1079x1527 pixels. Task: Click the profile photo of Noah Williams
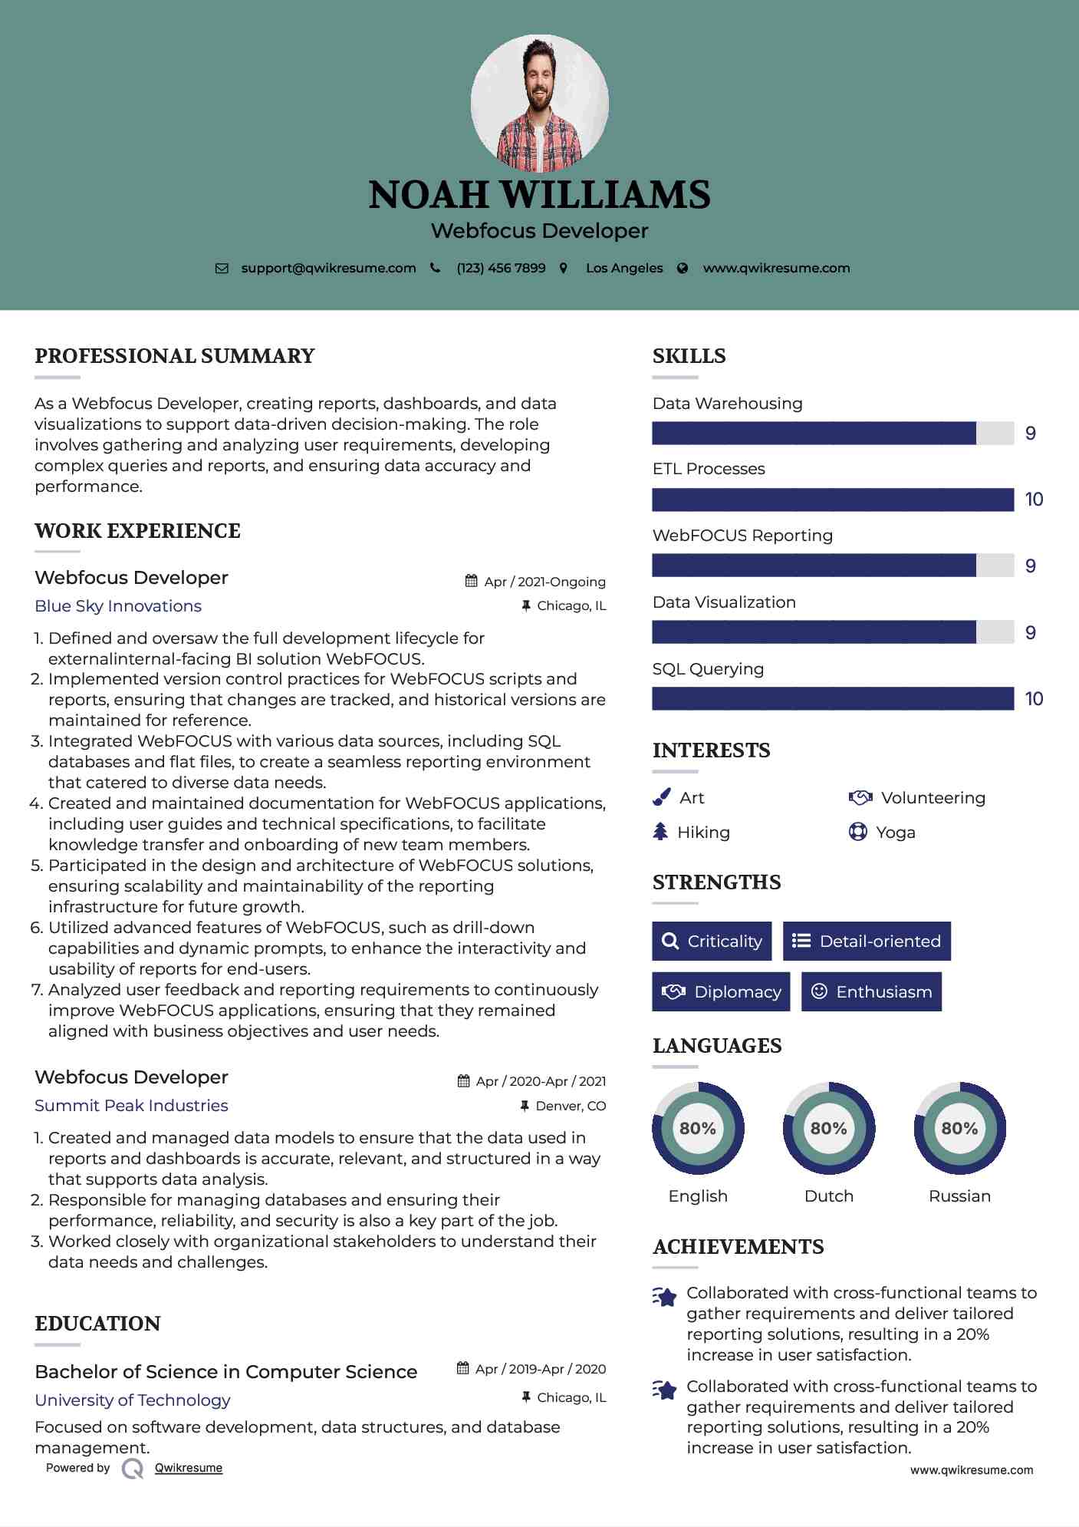click(x=539, y=103)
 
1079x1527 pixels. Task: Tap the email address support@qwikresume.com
click(x=328, y=268)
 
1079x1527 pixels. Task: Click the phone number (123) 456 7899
click(x=501, y=268)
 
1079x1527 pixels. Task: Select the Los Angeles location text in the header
click(x=624, y=268)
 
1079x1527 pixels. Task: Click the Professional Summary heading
click(x=175, y=356)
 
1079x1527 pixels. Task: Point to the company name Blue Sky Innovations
click(x=118, y=606)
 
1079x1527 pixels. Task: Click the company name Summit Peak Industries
click(x=131, y=1106)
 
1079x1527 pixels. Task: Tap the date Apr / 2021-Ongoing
click(x=544, y=582)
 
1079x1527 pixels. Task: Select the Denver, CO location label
click(x=571, y=1106)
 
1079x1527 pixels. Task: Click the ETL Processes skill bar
click(x=833, y=500)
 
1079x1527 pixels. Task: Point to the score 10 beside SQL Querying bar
click(x=1034, y=699)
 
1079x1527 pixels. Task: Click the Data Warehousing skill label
click(x=727, y=404)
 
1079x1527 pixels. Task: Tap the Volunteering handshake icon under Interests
click(x=860, y=798)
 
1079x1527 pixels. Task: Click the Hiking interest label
click(x=703, y=833)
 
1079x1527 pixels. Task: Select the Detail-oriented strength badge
click(x=867, y=942)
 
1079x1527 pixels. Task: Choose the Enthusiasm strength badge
click(x=871, y=992)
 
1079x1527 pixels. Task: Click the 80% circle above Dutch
click(x=828, y=1129)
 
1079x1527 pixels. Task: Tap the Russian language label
click(x=959, y=1196)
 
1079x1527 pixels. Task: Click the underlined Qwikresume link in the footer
click(x=189, y=1468)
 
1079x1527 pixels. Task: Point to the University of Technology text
click(x=133, y=1400)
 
